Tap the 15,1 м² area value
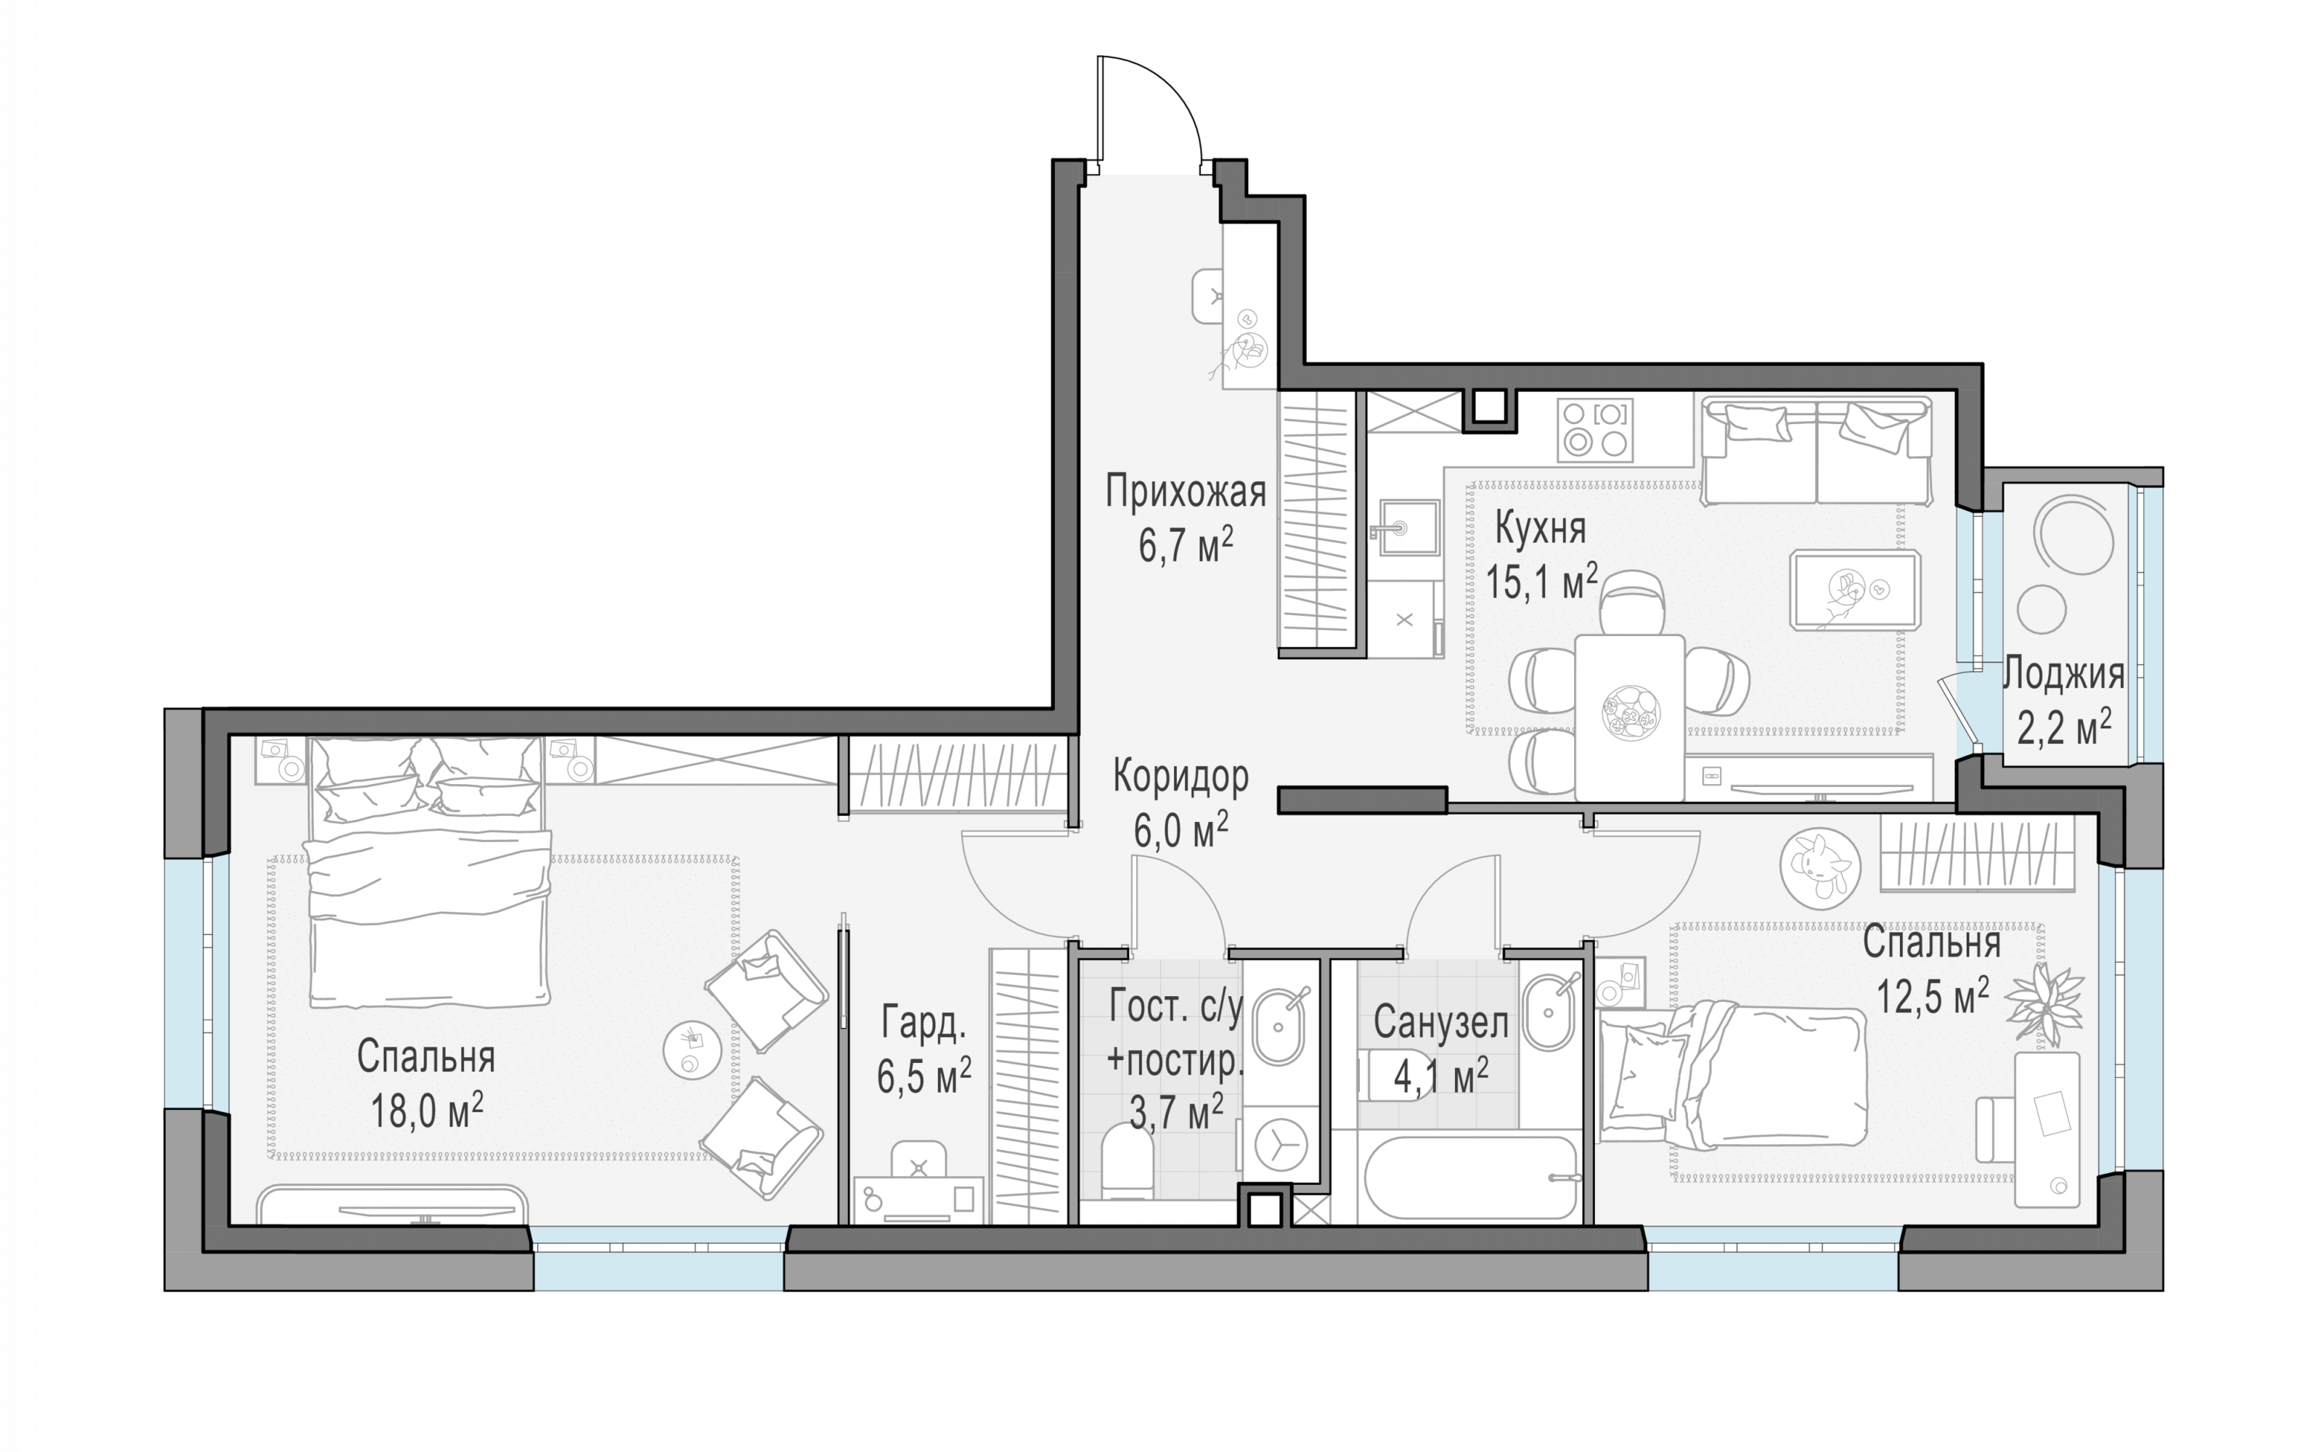tap(1541, 581)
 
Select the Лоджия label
tap(2063, 675)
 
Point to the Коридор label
tap(1181, 776)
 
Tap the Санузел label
tap(1440, 1023)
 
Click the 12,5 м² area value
tap(1932, 997)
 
